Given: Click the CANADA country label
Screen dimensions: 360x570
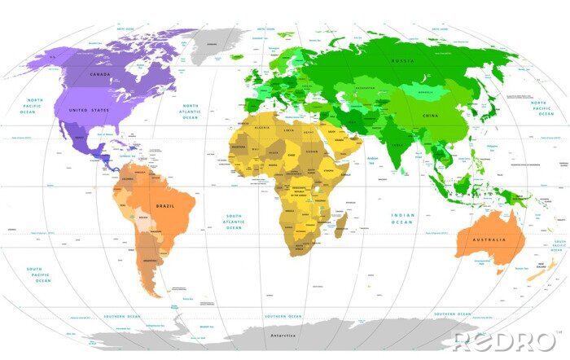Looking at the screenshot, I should point(99,74).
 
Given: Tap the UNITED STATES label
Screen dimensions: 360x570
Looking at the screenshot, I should point(89,110).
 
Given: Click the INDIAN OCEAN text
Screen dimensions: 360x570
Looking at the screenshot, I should point(402,218).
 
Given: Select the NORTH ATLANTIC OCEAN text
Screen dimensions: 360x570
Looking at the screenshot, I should point(190,112).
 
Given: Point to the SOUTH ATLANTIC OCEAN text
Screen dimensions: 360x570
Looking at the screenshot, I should point(234,222).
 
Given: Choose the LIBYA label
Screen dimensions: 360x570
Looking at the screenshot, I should point(288,130).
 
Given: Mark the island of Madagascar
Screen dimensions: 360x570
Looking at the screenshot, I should point(340,223).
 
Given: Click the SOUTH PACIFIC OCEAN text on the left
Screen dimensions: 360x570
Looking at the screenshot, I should point(38,274).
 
